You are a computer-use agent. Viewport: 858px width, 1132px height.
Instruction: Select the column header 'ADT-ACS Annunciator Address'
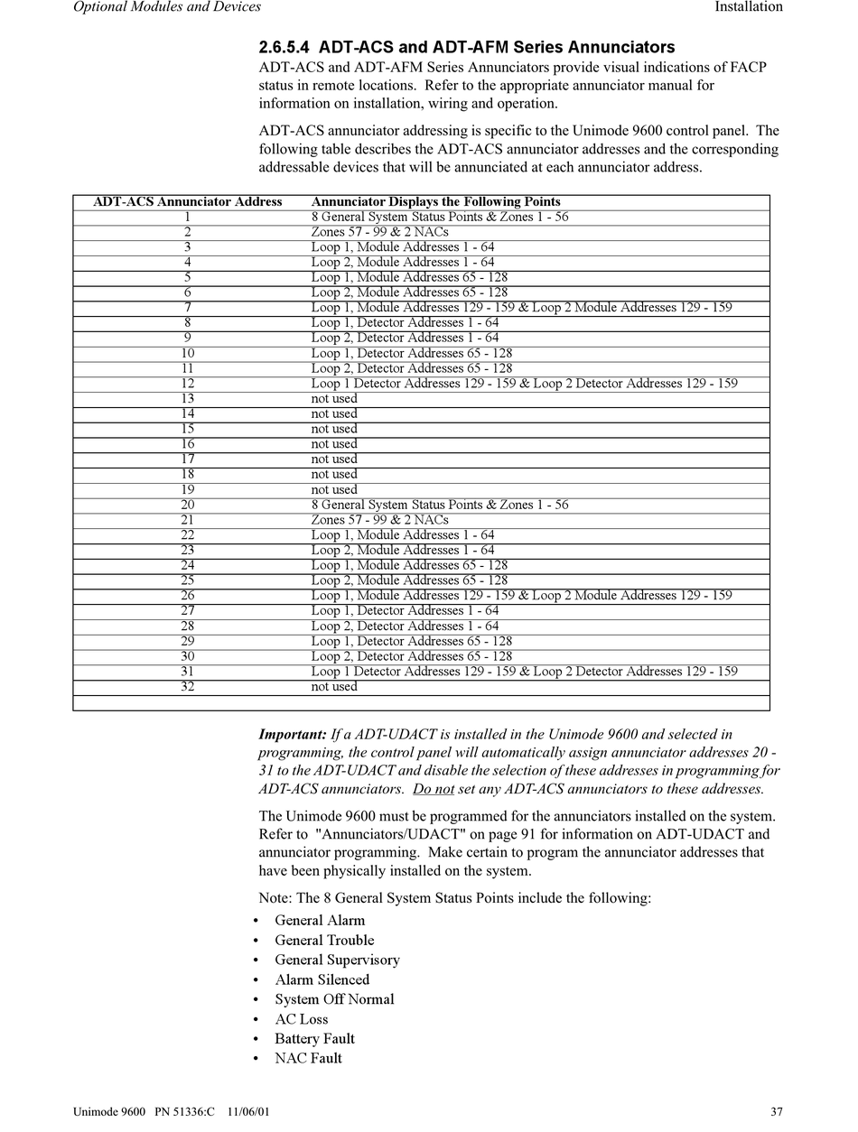coord(188,202)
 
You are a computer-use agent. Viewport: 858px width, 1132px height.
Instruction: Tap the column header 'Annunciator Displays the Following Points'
coord(435,202)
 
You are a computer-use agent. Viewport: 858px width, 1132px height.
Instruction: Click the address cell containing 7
coord(188,308)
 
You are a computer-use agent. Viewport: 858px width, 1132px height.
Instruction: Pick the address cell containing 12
coord(188,384)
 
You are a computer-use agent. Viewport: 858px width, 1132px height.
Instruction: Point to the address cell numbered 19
coord(188,490)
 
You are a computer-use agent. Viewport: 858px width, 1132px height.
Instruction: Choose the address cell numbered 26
coord(188,596)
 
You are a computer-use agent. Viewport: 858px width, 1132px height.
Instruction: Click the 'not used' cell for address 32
coord(334,687)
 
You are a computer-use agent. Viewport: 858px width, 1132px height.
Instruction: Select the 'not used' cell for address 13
coord(334,399)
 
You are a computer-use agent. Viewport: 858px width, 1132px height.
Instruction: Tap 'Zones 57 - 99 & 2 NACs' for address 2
coord(379,232)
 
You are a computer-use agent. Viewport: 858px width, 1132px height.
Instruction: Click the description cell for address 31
coord(524,672)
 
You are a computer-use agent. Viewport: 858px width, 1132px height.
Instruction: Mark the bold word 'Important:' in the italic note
coord(293,734)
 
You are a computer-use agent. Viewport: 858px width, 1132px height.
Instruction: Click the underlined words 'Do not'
coord(434,790)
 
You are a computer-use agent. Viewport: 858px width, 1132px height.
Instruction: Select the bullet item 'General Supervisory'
coord(337,960)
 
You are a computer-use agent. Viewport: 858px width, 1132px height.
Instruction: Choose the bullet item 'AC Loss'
coord(301,1020)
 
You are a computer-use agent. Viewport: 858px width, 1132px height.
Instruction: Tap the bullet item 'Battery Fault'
coord(314,1039)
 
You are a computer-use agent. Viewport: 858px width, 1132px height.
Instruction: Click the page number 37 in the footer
coord(777,1111)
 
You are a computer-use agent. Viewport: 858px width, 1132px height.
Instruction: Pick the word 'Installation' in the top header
coord(749,7)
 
